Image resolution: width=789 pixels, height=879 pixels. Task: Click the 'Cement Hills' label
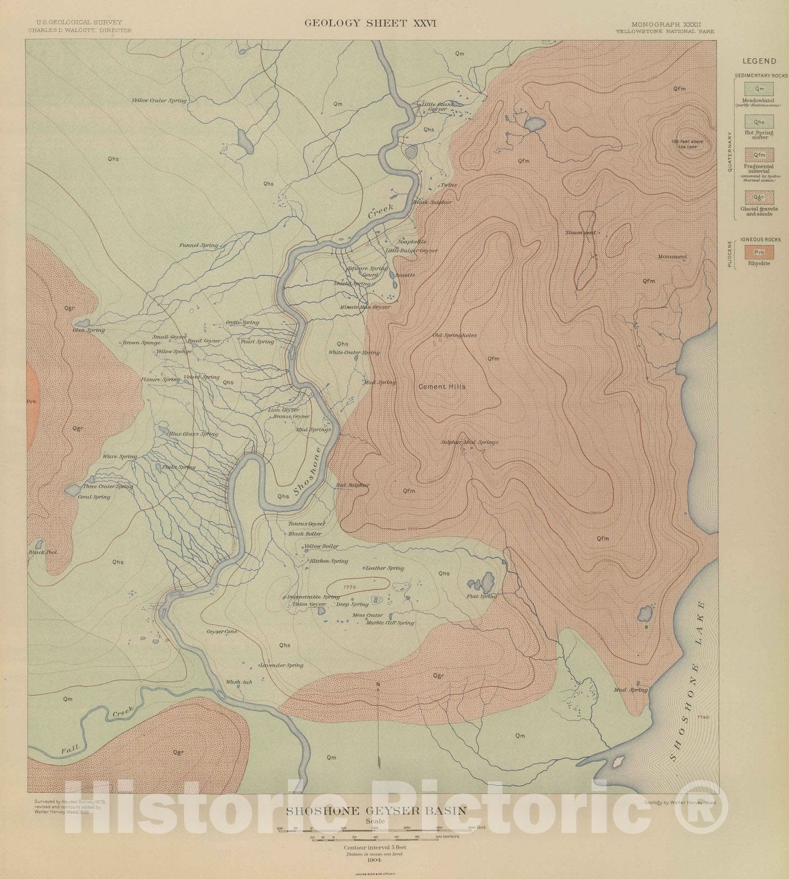click(x=442, y=387)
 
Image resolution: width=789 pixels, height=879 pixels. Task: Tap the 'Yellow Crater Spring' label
click(x=159, y=101)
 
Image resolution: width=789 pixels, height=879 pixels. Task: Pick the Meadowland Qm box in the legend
click(x=759, y=89)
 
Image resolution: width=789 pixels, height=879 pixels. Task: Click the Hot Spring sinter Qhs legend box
click(x=759, y=122)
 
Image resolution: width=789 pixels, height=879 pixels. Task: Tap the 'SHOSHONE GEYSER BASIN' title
click(x=375, y=810)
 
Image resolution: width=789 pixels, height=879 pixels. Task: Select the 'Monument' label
click(x=672, y=257)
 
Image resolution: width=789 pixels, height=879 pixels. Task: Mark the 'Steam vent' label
click(x=580, y=232)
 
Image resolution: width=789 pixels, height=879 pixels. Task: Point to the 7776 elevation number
click(x=349, y=588)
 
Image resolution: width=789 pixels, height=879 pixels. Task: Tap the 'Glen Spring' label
click(x=89, y=330)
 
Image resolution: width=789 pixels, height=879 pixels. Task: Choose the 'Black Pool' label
click(x=43, y=553)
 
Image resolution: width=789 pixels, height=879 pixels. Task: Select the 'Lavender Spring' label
click(x=282, y=665)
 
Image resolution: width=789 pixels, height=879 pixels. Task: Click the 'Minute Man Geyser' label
click(x=365, y=307)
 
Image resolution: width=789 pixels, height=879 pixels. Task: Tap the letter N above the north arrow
click(x=379, y=685)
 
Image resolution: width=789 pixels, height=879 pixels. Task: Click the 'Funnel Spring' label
click(x=199, y=246)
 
